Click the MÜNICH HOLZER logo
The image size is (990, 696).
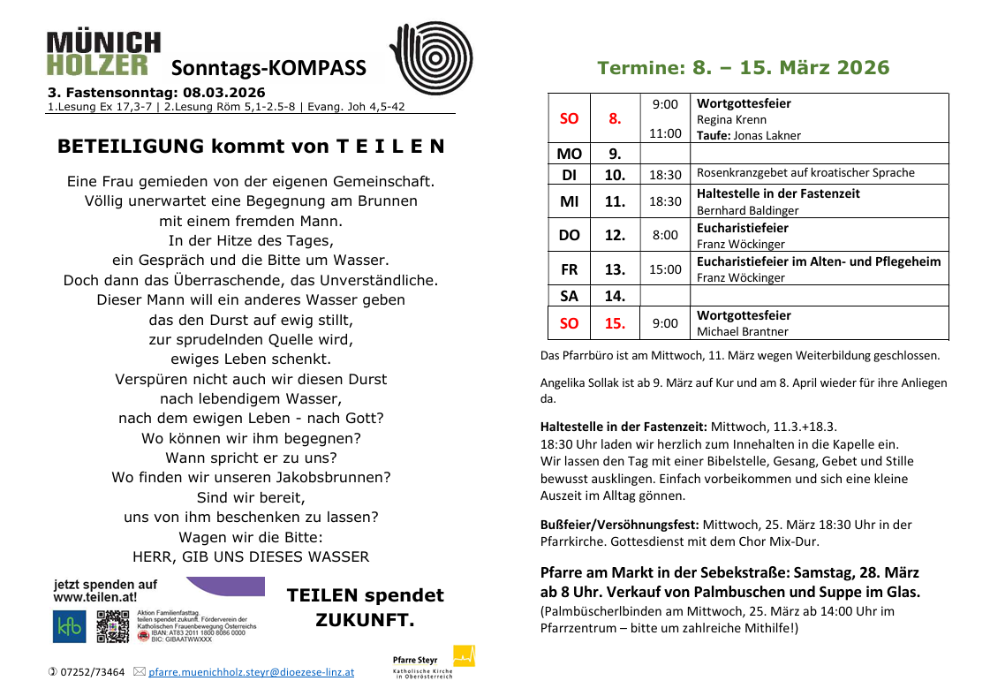point(103,54)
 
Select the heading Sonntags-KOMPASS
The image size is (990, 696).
point(268,69)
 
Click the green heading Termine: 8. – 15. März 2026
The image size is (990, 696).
point(744,68)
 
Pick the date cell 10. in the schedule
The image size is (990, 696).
point(615,174)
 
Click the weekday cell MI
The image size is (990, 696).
point(569,201)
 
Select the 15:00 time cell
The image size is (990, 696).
point(665,269)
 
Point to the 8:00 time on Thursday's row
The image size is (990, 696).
point(665,235)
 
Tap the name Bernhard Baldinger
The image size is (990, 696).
point(747,210)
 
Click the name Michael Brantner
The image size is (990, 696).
point(743,331)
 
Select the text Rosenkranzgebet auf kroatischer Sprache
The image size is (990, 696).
point(805,173)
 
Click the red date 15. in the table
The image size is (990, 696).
point(615,323)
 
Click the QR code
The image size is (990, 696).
point(113,626)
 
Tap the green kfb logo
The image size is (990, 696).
point(70,627)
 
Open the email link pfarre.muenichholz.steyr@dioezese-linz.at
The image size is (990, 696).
point(251,672)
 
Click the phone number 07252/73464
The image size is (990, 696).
point(92,672)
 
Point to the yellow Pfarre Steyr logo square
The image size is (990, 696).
point(464,656)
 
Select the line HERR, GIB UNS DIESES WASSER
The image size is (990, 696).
point(251,556)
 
